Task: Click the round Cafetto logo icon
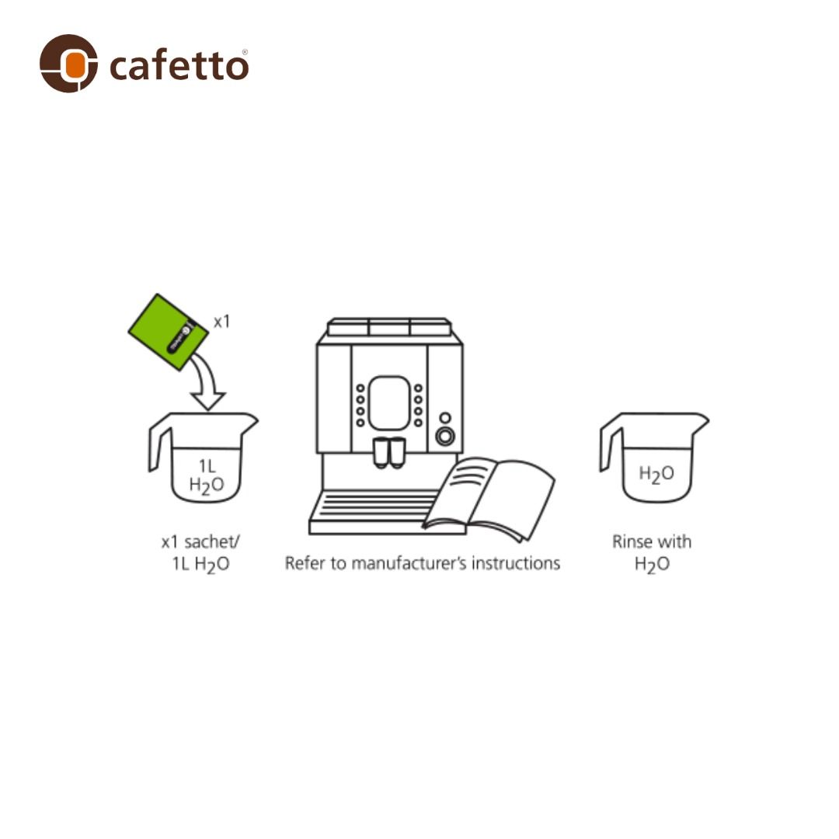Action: click(x=69, y=64)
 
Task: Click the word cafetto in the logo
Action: click(x=179, y=66)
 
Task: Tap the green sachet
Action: click(x=169, y=332)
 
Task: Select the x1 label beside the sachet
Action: click(x=221, y=322)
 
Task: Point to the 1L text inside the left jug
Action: click(x=207, y=466)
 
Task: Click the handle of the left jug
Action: click(x=158, y=447)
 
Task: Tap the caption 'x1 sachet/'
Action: click(x=200, y=542)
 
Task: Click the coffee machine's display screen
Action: click(x=388, y=402)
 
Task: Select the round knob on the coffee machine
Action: click(x=445, y=437)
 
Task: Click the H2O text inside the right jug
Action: click(x=656, y=474)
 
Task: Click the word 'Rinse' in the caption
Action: click(x=631, y=541)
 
